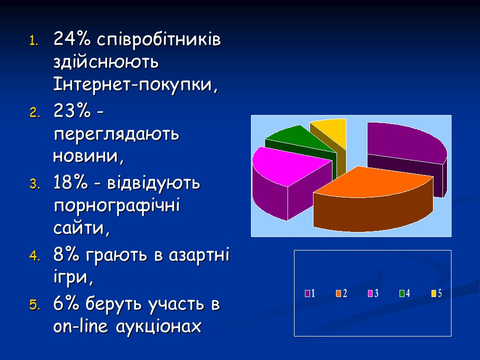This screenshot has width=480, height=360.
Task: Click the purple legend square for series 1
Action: (308, 293)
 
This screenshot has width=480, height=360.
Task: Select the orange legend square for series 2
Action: (339, 293)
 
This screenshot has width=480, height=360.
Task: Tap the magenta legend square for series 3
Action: (371, 293)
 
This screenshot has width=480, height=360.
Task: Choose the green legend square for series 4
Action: (402, 293)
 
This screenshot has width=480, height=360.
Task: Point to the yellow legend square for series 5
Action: (433, 293)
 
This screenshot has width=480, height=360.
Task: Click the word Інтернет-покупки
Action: (135, 85)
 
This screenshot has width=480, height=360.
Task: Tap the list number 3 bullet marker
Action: (34, 184)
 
